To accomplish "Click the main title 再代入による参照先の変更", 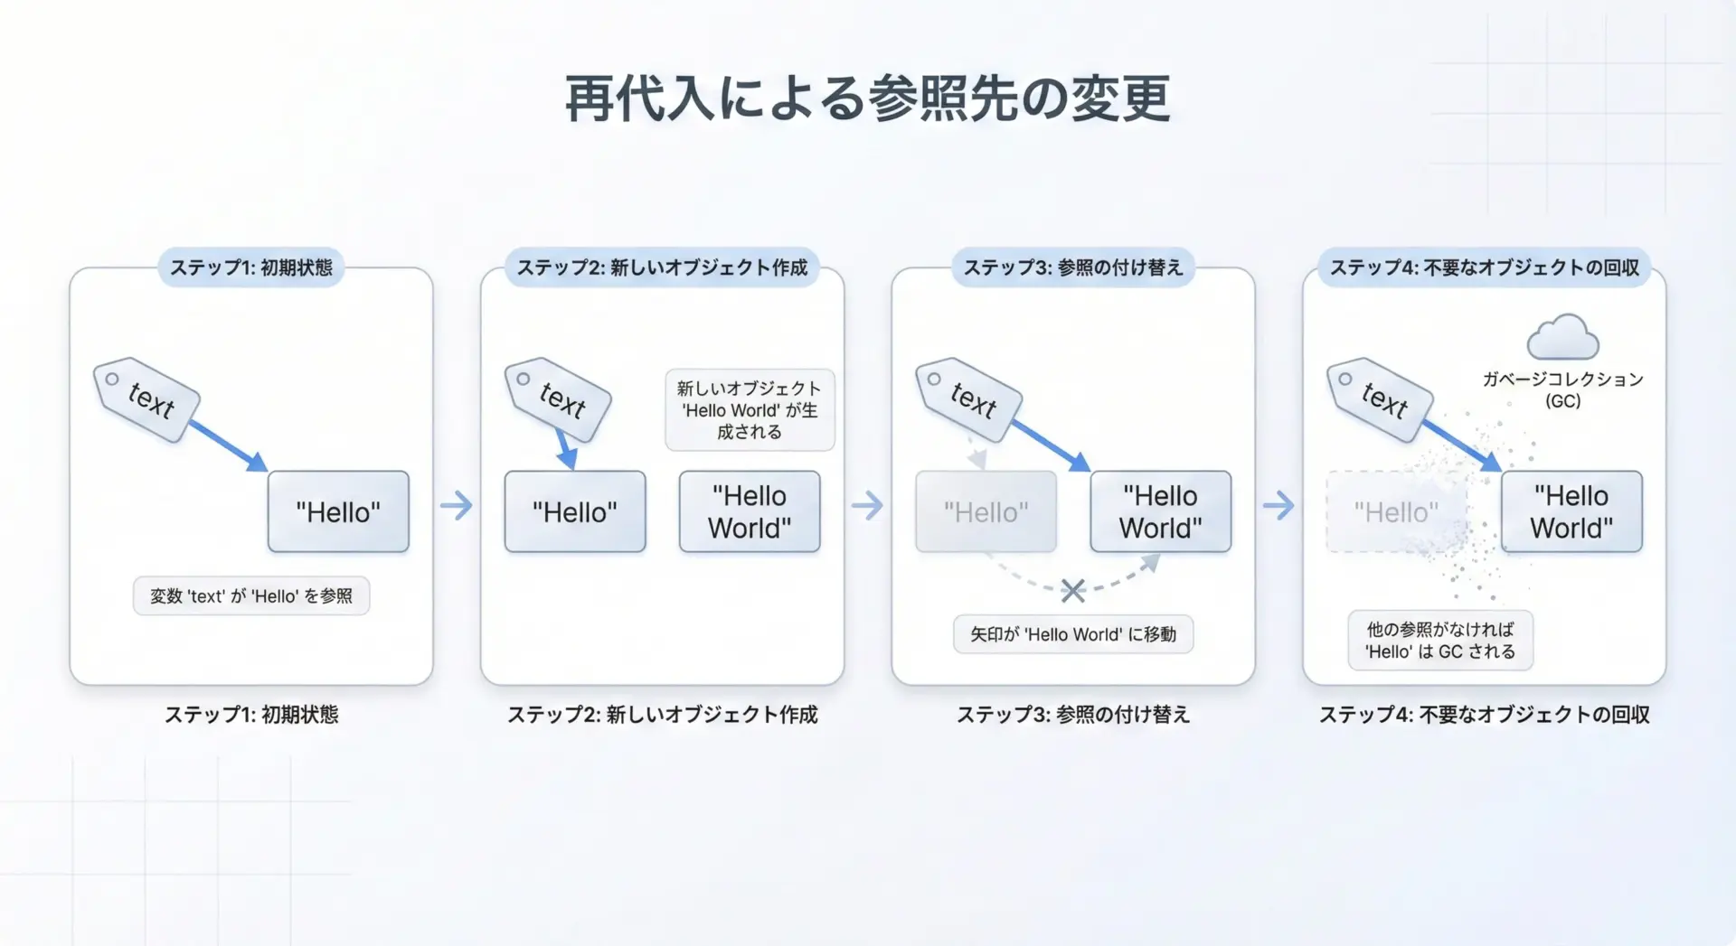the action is pos(868,98).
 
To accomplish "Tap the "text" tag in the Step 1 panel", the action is pos(146,399).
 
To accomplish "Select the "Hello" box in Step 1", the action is pos(338,511).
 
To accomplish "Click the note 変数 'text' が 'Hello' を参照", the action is pos(251,596).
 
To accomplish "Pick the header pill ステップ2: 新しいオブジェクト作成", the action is pos(662,267).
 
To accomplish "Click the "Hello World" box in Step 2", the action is pos(750,511).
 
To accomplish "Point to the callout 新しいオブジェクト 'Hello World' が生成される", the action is pos(750,409).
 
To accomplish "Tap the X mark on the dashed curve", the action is pos(1073,591).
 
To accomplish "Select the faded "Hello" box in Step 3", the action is pos(986,511).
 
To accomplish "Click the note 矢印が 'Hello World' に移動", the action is pos(1073,634).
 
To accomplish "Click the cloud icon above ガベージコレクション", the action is pos(1562,336).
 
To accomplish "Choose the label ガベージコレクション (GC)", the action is pos(1562,389).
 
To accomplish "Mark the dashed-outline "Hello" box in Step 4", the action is pos(1396,511).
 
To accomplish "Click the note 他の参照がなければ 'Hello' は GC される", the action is pos(1440,640).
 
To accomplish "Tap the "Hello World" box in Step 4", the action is pos(1571,511).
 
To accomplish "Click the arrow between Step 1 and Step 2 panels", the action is pos(457,505).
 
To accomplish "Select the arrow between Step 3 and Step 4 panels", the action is pos(1278,505).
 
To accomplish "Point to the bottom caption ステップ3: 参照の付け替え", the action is pos(1073,715).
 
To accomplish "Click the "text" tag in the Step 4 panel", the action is pos(1380,399).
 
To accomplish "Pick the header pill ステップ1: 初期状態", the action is pos(251,267).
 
